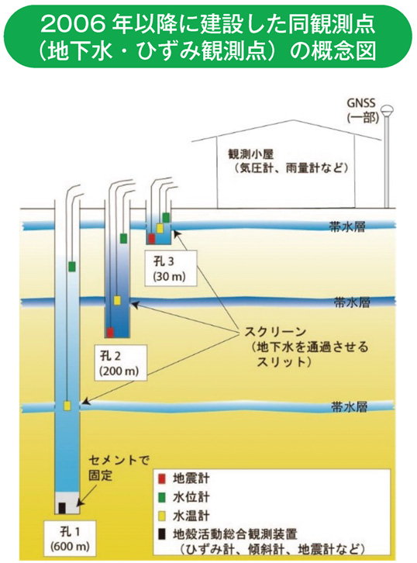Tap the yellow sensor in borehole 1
(67, 405)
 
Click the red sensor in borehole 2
(111, 331)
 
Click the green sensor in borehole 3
(166, 216)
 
